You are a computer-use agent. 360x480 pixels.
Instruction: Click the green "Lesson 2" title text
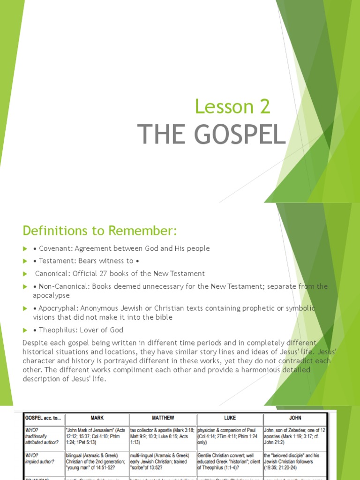(x=232, y=107)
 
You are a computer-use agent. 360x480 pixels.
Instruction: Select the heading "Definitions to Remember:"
(x=100, y=231)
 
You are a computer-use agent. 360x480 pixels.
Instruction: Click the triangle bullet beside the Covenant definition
(x=25, y=248)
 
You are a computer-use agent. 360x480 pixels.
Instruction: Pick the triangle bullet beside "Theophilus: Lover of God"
(x=25, y=330)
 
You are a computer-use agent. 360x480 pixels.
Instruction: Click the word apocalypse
(x=51, y=295)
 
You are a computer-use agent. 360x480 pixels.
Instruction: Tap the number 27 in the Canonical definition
(x=114, y=273)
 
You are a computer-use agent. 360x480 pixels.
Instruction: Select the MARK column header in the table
(x=97, y=418)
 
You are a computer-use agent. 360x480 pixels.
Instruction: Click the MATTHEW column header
(x=163, y=418)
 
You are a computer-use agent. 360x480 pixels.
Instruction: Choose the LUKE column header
(x=230, y=418)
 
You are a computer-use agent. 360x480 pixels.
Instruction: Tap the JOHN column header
(x=295, y=418)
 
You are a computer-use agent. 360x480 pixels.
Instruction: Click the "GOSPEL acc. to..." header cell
(x=40, y=418)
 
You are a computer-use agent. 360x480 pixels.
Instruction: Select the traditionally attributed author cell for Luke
(x=230, y=435)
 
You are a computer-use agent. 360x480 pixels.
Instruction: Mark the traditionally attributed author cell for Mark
(x=97, y=435)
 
